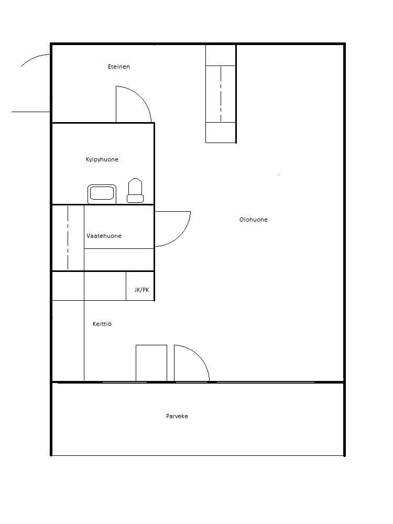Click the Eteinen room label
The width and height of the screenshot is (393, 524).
[118, 67]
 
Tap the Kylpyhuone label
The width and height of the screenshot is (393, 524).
[102, 159]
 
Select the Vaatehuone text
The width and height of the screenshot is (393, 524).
[104, 236]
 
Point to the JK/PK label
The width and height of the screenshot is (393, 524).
[141, 290]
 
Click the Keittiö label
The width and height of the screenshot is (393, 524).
[102, 324]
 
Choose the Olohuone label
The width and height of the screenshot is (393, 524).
[253, 220]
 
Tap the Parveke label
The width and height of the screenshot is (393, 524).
[177, 416]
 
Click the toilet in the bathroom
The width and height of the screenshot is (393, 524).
[135, 191]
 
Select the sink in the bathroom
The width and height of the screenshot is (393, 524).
[102, 194]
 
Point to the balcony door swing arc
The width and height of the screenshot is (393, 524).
[199, 356]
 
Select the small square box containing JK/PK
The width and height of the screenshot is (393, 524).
[140, 286]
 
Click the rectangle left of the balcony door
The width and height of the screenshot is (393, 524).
[151, 363]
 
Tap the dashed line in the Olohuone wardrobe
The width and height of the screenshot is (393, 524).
[221, 94]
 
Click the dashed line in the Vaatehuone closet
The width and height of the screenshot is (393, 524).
[68, 237]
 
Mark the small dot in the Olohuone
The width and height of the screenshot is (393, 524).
[278, 174]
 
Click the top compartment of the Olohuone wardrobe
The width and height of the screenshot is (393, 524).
[221, 55]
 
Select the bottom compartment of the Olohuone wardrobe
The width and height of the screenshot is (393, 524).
[221, 133]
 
